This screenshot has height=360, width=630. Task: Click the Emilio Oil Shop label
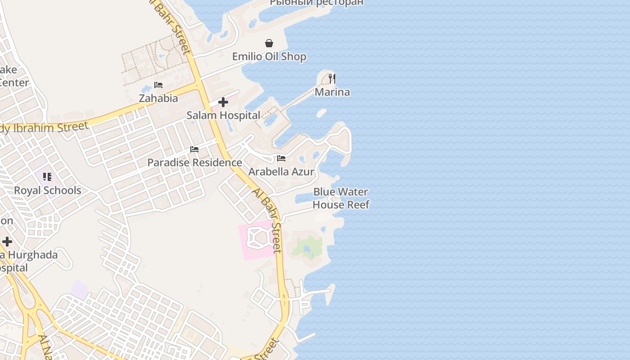tap(269, 57)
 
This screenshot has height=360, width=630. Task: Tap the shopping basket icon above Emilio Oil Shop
tap(269, 43)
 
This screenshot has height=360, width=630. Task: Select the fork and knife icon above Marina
tap(332, 79)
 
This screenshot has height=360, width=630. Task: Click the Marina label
tap(332, 92)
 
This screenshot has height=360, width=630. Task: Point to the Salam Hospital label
tap(223, 115)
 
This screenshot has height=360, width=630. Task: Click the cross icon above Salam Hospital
tap(223, 102)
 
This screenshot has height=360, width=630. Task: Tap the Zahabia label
tap(158, 98)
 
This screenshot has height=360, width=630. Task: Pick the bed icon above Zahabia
tap(158, 85)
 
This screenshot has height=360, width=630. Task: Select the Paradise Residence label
tap(194, 162)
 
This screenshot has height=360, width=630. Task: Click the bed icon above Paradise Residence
tap(194, 149)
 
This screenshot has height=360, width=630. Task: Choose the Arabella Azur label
tap(281, 171)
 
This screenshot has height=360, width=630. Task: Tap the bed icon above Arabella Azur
tap(281, 158)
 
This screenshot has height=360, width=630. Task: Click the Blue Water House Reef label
tap(341, 198)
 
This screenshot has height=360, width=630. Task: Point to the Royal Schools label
tap(48, 190)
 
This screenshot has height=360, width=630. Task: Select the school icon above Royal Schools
tap(47, 177)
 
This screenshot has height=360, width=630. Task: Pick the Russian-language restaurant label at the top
tap(316, 3)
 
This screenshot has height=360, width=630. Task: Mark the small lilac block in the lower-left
tap(80, 289)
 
